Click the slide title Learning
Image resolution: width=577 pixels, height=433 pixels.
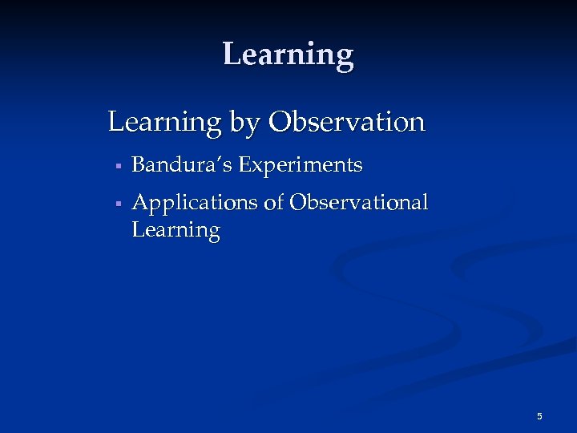tap(288, 55)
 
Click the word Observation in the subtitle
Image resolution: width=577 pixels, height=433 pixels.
tap(347, 123)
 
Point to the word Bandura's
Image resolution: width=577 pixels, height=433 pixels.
tap(182, 165)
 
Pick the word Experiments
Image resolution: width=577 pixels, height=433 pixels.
tap(301, 166)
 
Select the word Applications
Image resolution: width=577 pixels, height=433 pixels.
tap(195, 204)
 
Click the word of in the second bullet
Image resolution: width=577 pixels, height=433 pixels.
tap(274, 203)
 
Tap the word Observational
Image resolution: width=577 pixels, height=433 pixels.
tap(358, 203)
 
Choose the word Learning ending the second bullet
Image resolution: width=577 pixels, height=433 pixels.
tap(176, 231)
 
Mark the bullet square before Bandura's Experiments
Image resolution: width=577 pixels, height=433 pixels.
tap(117, 167)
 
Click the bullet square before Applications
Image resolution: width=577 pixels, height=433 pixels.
tap(117, 204)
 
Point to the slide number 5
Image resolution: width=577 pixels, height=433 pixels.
tap(539, 416)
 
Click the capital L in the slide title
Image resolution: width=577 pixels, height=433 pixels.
tap(232, 54)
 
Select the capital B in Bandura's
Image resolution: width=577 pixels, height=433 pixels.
tap(138, 165)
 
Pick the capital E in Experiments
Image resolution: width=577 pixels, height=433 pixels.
tap(244, 165)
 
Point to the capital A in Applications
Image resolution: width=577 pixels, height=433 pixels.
tap(140, 203)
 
